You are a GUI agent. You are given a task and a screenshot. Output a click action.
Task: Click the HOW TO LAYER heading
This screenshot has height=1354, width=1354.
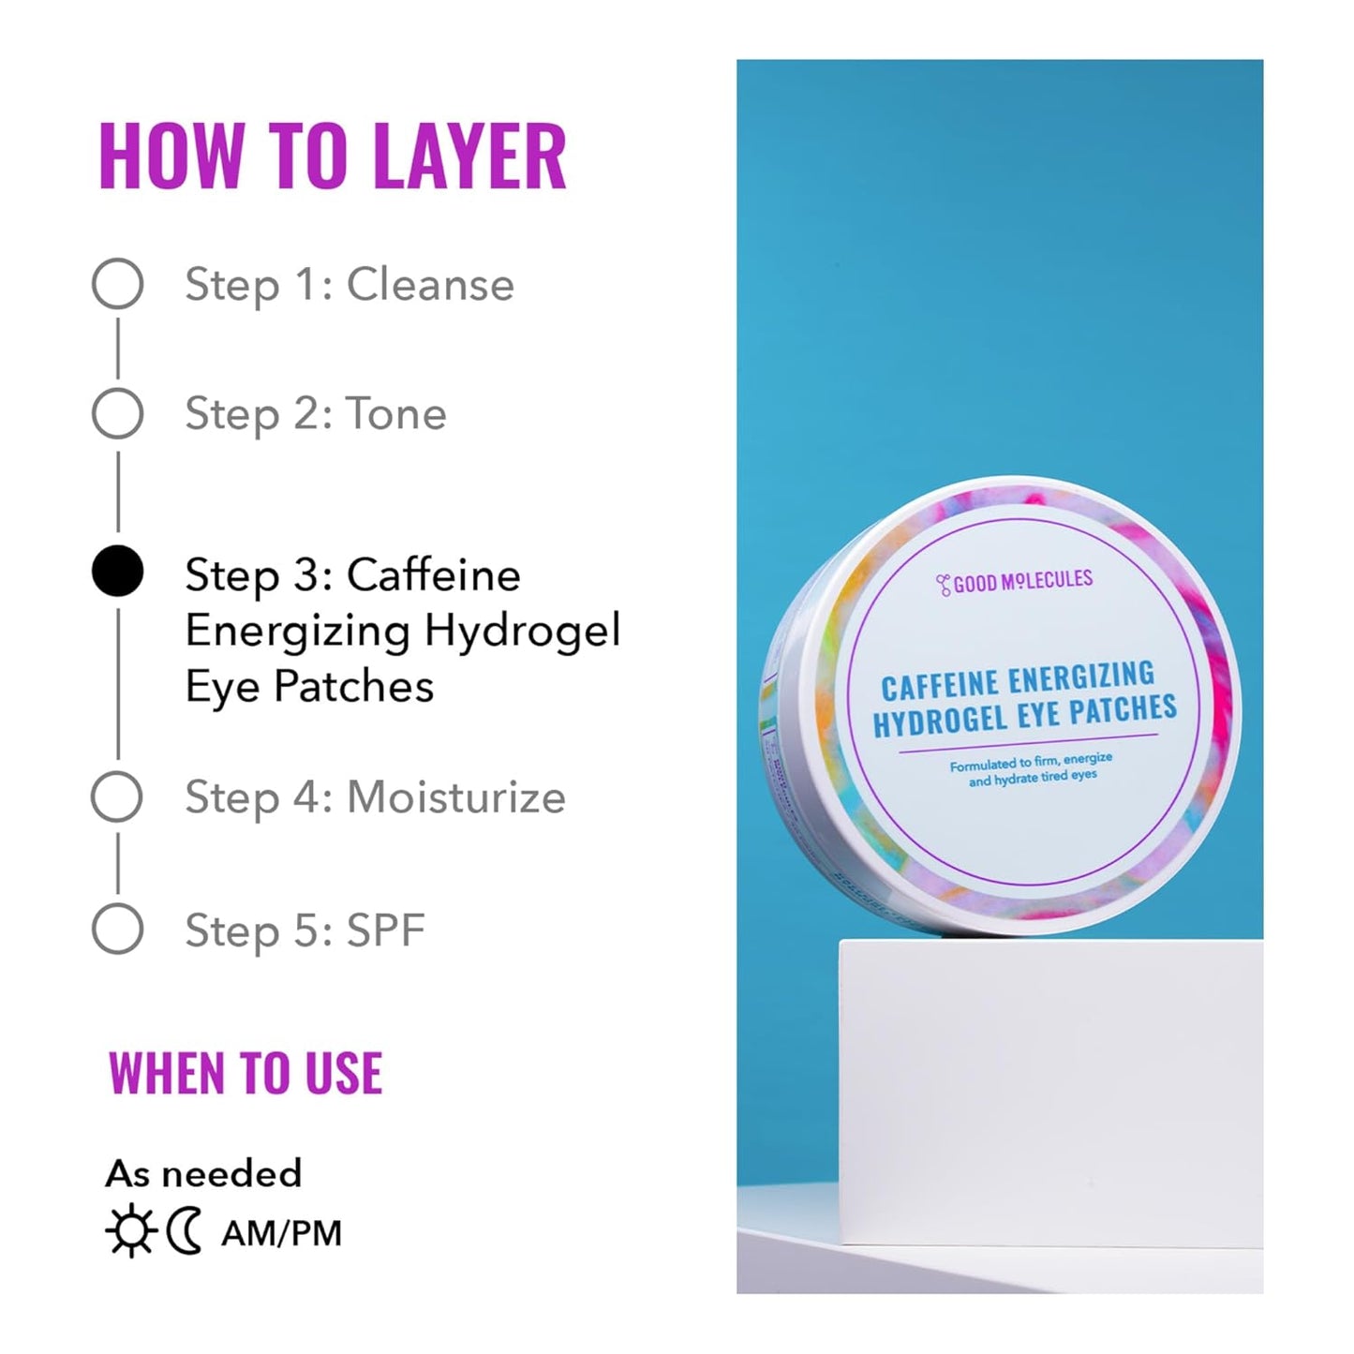coord(333,156)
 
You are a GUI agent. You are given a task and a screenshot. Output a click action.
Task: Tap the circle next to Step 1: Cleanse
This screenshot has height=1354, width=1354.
coord(117,284)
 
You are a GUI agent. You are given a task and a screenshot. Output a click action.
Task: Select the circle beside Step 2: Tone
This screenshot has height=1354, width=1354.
coord(117,413)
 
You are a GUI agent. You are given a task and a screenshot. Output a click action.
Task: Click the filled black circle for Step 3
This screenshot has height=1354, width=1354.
coord(117,572)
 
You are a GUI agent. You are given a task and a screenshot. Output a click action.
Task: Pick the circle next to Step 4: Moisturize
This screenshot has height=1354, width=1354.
coord(117,797)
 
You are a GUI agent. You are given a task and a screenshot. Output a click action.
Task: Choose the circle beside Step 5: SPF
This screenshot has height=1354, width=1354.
coord(117,930)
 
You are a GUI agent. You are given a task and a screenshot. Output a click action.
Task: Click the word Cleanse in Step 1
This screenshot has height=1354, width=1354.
coord(430,284)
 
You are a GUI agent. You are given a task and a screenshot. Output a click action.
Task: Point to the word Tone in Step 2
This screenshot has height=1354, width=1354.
coord(396,413)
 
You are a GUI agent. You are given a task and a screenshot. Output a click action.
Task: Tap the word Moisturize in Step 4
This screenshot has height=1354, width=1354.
coord(456,797)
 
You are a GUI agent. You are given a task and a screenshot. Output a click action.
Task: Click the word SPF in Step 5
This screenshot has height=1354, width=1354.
coord(386,930)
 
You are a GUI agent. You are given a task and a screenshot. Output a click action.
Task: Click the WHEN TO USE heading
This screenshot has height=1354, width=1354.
coord(246,1074)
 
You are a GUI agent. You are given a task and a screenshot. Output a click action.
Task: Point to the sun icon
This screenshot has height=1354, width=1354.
coord(130,1232)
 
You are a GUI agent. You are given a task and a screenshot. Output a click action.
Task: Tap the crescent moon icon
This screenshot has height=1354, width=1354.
coord(185,1232)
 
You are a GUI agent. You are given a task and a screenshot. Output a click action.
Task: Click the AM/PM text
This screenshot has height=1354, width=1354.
coord(281,1233)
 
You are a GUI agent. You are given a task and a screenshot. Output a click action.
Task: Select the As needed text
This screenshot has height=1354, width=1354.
coord(203,1173)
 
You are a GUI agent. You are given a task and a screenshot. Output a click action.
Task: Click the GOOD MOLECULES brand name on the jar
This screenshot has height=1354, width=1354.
coord(1016,583)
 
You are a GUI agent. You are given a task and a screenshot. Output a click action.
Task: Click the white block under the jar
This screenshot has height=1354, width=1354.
coord(1049,1059)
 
